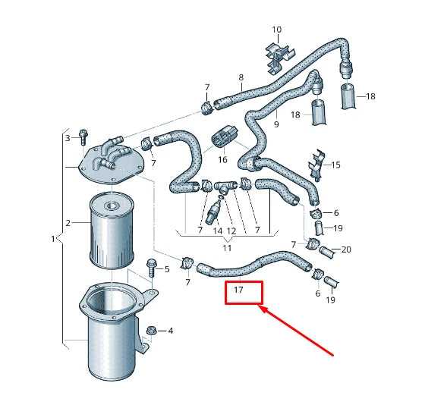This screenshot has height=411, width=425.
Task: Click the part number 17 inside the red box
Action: coord(238,290)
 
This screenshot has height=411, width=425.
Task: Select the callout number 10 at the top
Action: coord(276,30)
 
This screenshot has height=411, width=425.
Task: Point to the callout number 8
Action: coord(241,77)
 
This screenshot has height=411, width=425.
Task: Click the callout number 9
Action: coord(275,124)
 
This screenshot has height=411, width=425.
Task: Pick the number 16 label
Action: coord(222,160)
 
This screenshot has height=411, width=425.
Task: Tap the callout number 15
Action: coord(336,165)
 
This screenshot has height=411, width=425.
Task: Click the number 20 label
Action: coord(346,249)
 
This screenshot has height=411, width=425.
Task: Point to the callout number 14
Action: coord(217,230)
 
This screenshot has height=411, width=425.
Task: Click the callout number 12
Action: coord(232,230)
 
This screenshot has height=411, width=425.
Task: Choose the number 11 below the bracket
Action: coord(226,248)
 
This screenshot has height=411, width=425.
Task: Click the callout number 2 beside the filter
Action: coord(68,223)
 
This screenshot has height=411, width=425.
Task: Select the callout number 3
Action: coord(67,138)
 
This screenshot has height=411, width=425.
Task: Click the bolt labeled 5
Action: coord(151,267)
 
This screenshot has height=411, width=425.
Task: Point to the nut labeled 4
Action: coord(152,331)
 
